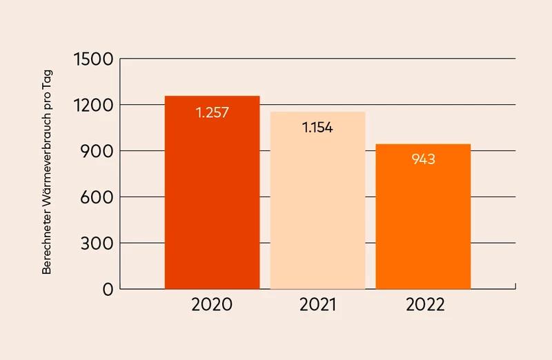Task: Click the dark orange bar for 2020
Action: tap(212, 200)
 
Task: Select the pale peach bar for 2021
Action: tap(317, 207)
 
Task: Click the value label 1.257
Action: tap(212, 112)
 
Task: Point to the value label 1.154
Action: tap(317, 128)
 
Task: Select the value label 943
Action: tap(423, 159)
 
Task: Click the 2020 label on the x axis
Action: tap(212, 305)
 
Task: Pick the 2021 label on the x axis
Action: tap(317, 305)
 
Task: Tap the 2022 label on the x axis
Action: tap(423, 305)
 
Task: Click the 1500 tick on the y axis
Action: tap(92, 59)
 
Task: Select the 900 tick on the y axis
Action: tap(97, 151)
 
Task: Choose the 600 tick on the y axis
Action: tap(97, 197)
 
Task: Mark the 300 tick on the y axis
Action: tap(97, 243)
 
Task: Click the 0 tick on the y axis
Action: tap(107, 290)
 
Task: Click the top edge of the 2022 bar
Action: tap(423, 144)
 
